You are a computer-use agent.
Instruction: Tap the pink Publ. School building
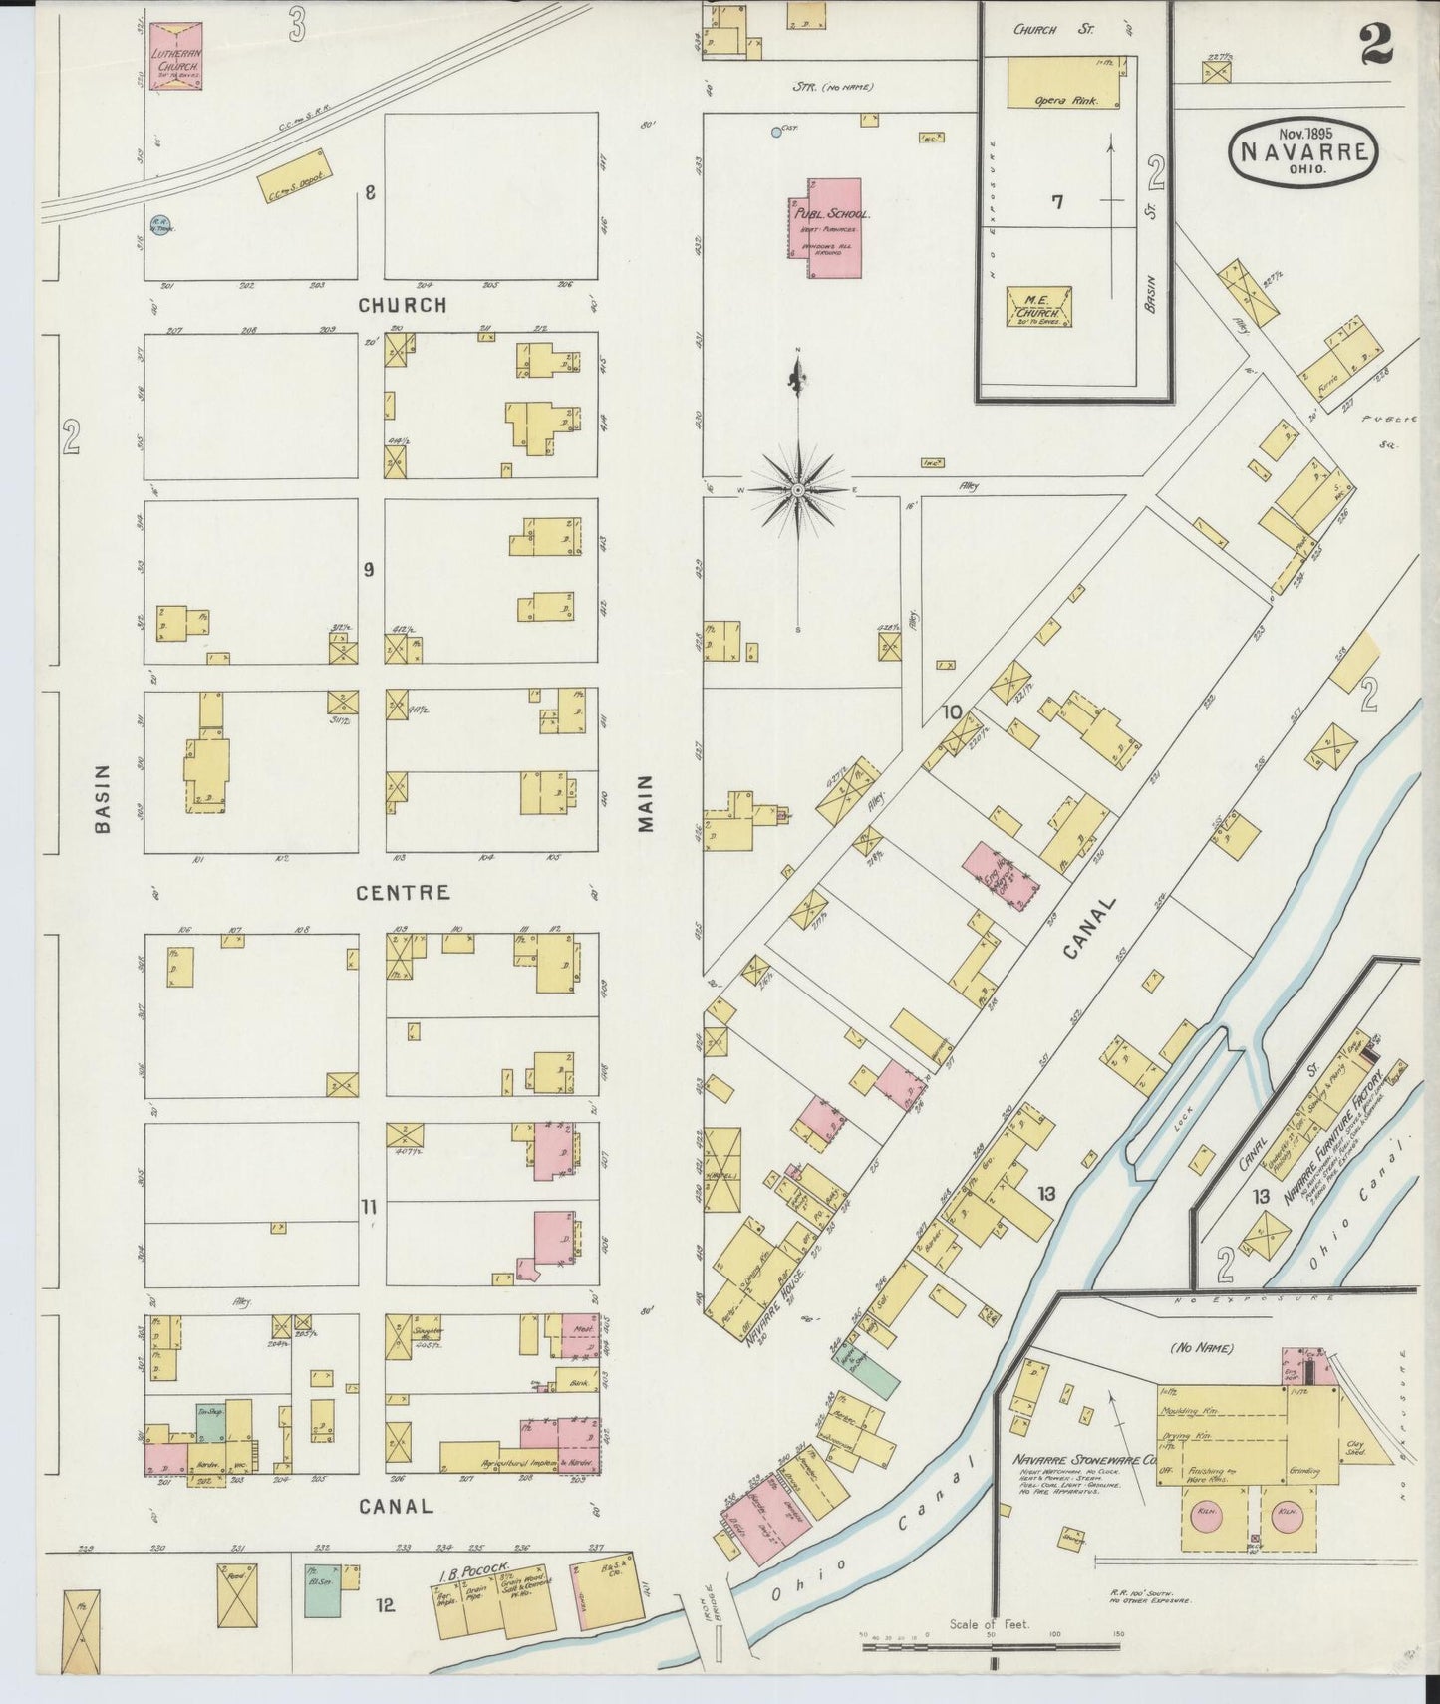pos(833,229)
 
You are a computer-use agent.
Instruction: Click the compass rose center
pos(798,492)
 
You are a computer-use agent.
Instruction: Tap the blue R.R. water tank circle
pos(157,227)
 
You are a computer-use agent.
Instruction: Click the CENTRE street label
pos(403,893)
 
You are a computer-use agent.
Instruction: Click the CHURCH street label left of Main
pos(403,305)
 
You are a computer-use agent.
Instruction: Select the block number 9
pos(368,570)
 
